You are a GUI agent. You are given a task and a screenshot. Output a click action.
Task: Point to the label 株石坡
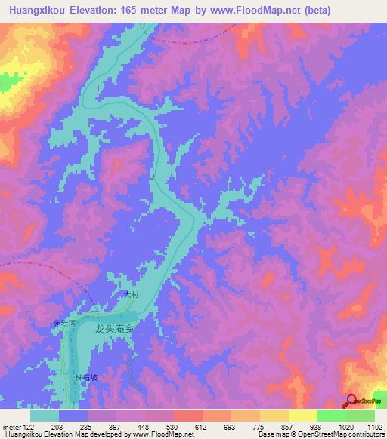tap(86, 379)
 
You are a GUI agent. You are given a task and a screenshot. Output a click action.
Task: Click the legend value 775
tap(259, 428)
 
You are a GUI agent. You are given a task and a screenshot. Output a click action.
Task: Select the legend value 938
tap(315, 428)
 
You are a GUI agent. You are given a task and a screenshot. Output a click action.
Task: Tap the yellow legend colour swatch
tap(302, 416)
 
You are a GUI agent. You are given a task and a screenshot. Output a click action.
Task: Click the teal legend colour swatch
tap(45, 416)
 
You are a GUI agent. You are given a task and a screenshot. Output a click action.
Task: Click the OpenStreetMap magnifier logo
tap(351, 401)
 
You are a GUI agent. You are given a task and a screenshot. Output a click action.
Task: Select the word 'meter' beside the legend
tap(11, 428)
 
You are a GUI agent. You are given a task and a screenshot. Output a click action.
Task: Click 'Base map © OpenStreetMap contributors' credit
tap(320, 435)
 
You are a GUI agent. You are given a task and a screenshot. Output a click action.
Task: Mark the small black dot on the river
tap(153, 178)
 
